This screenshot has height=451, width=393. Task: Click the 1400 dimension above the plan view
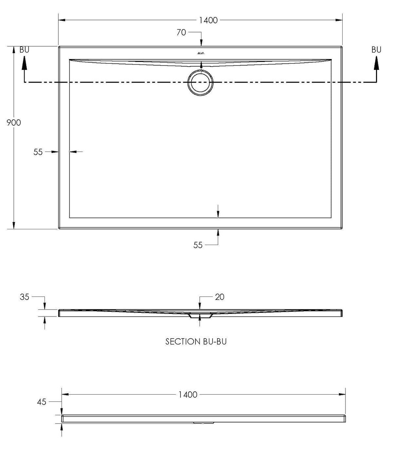tap(208, 20)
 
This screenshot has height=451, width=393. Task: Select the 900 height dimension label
tap(14, 123)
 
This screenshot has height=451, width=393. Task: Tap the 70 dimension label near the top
tap(181, 32)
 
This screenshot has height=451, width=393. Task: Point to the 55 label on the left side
tap(38, 152)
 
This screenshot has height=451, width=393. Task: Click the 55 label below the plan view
tap(198, 245)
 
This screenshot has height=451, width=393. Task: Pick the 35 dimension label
tap(25, 297)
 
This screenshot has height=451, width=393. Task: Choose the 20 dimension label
tap(220, 297)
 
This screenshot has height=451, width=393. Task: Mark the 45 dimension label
tap(42, 402)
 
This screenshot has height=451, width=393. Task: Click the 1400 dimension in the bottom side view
tap(188, 395)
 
